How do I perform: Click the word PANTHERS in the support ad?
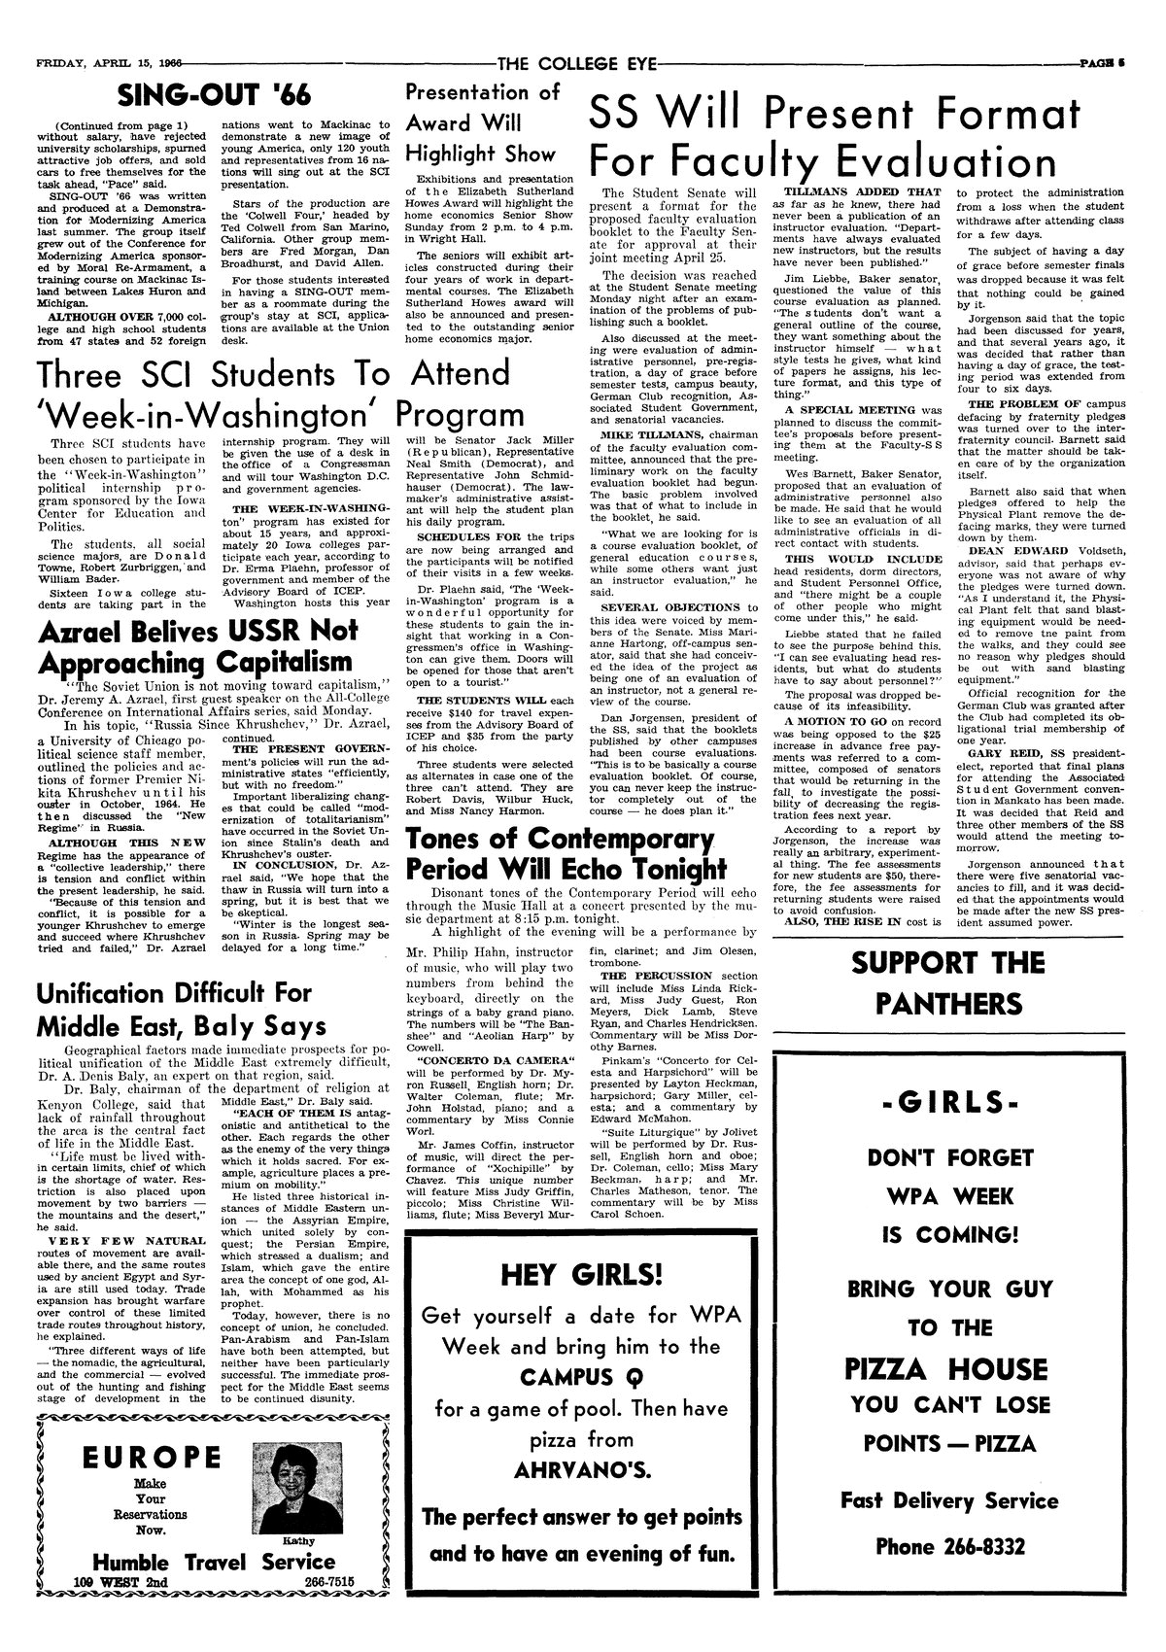947,1004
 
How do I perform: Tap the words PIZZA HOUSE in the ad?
947,1370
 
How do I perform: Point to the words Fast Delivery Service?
947,1500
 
